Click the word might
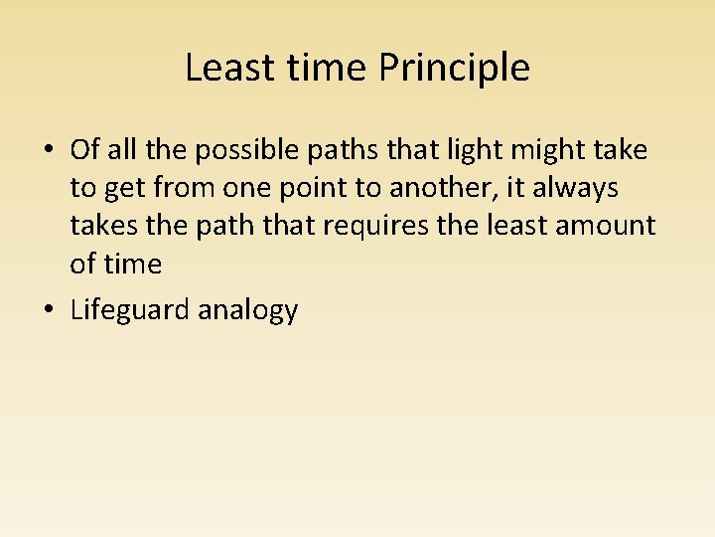click(527, 151)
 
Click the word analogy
click(248, 311)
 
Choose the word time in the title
click(336, 69)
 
